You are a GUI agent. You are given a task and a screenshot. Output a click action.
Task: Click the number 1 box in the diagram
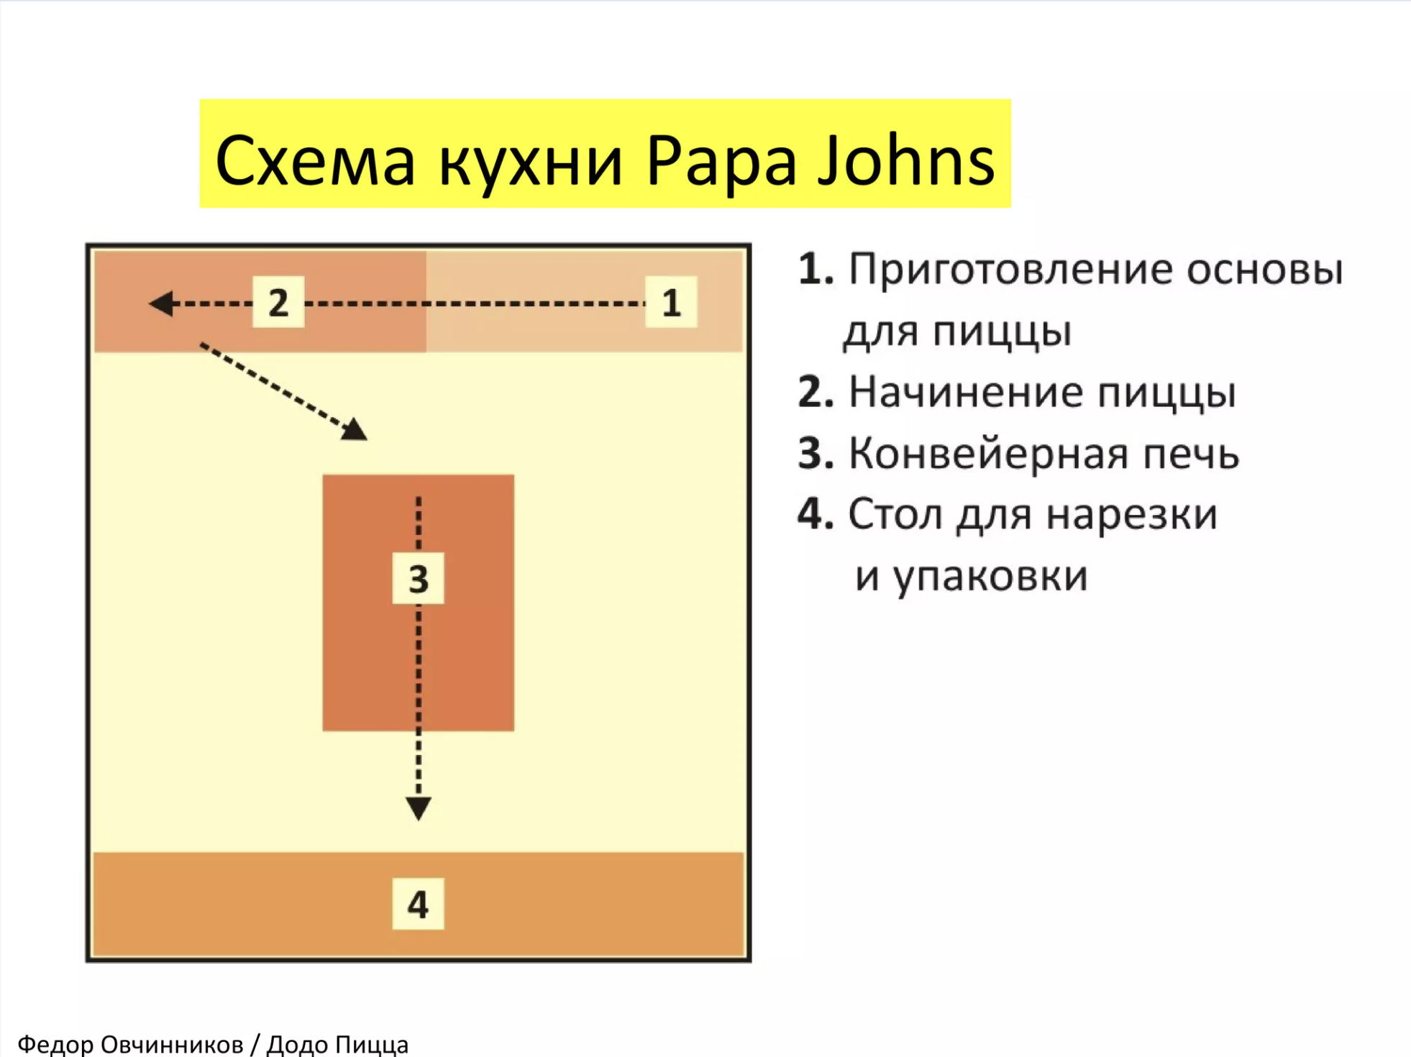tap(670, 302)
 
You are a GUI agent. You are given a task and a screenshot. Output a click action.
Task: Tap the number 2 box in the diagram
tap(278, 302)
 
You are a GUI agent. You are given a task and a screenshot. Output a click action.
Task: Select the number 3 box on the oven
tap(418, 579)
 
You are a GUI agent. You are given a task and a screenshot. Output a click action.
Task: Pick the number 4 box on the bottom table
tap(418, 904)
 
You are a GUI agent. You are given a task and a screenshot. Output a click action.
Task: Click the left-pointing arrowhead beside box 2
tap(161, 303)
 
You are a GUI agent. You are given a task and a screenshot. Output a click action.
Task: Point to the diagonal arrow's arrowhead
tap(355, 429)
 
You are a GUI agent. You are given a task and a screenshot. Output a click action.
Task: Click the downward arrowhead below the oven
tap(418, 808)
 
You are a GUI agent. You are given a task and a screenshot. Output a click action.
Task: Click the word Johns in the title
tap(905, 160)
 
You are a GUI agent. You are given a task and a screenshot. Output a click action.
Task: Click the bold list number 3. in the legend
tap(816, 454)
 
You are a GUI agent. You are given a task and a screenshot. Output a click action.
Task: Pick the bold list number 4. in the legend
tap(816, 515)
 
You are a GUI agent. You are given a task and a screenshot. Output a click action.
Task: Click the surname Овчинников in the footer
tap(171, 1044)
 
